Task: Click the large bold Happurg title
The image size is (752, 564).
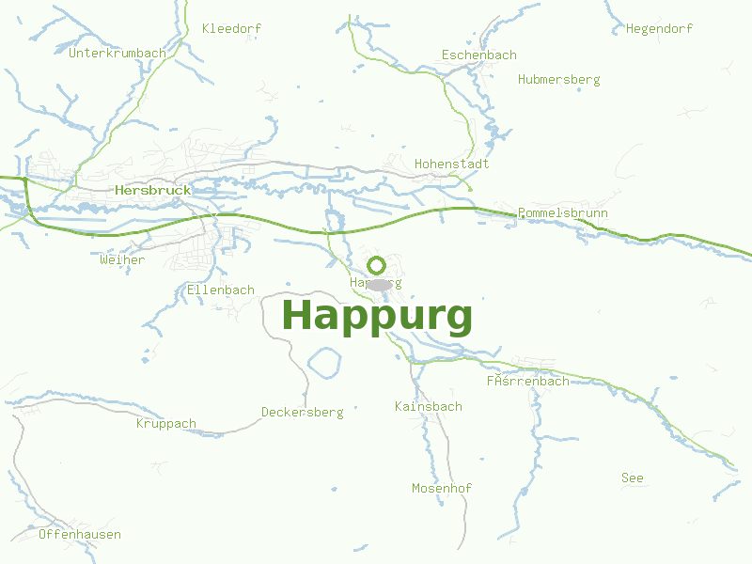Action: (x=377, y=316)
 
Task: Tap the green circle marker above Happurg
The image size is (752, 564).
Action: (x=377, y=265)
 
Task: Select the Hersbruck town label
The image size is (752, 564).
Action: (x=152, y=190)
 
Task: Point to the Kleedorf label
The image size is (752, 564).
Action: (x=231, y=28)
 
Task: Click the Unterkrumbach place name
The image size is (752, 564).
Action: (x=117, y=53)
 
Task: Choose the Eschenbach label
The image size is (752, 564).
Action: (x=479, y=55)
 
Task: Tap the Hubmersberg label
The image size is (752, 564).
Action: (x=558, y=79)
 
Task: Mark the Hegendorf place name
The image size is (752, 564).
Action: (x=659, y=28)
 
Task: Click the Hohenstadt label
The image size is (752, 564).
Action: (x=452, y=164)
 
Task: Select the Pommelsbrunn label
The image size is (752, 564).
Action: (x=562, y=213)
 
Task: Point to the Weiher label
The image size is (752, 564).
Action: (x=122, y=259)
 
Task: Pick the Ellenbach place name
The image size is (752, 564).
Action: (x=221, y=290)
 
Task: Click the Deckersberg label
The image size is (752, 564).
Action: (x=303, y=412)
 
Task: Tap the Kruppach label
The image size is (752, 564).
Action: (x=166, y=423)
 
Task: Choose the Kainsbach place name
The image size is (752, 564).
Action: (x=429, y=406)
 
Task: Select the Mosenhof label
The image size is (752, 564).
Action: (x=442, y=488)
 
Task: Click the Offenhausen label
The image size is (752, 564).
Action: (x=80, y=534)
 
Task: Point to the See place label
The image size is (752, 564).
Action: (x=633, y=478)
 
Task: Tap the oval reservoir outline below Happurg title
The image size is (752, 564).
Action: (x=324, y=363)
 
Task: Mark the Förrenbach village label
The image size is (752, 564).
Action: (x=527, y=381)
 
